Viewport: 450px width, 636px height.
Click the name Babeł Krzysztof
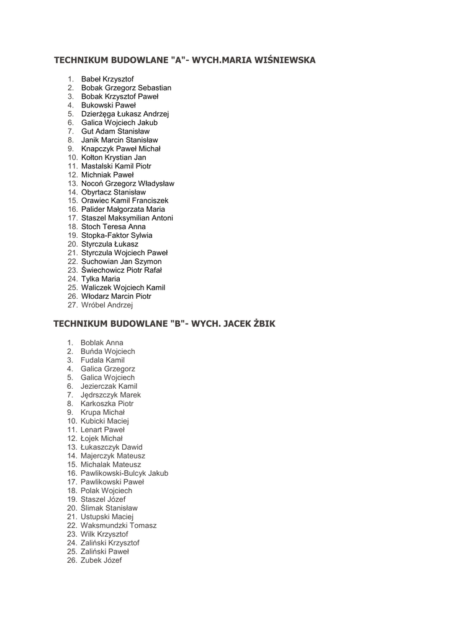click(x=107, y=79)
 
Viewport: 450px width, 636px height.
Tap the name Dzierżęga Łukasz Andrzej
click(x=125, y=114)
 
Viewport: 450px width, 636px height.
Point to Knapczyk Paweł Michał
click(x=120, y=149)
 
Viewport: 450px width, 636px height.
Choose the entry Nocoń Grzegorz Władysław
click(x=127, y=184)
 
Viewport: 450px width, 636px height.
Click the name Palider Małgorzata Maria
click(x=123, y=210)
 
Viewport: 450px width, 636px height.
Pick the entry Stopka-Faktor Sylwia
click(x=116, y=236)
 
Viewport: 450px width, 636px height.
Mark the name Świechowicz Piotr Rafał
click(x=121, y=271)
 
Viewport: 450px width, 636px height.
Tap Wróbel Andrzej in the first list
click(x=107, y=306)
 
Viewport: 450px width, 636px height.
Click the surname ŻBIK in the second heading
click(x=263, y=324)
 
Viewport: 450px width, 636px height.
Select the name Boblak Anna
click(x=102, y=343)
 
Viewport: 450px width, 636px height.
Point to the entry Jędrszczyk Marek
click(x=110, y=395)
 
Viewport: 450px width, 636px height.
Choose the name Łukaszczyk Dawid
click(x=111, y=447)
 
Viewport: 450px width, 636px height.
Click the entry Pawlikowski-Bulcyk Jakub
click(x=124, y=473)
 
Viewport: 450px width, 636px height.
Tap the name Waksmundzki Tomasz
click(x=119, y=525)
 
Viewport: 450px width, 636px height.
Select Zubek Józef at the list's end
click(x=101, y=560)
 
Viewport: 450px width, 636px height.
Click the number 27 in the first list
click(x=72, y=306)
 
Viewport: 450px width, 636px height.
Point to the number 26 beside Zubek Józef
click(x=72, y=560)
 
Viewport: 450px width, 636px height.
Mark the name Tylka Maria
click(x=101, y=279)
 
